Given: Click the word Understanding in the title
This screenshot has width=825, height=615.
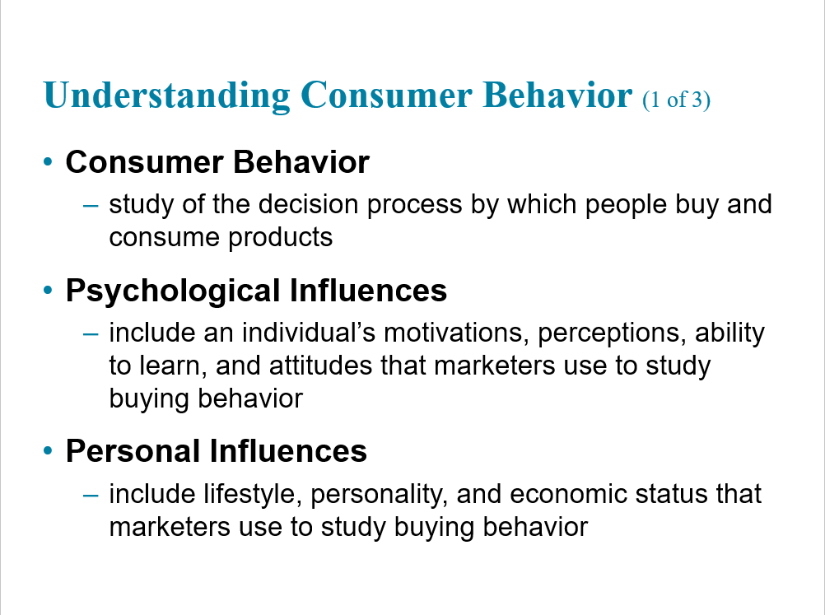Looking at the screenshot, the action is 167,96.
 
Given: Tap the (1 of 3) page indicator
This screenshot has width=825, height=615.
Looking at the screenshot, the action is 676,100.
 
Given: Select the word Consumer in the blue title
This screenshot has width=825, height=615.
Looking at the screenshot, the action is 387,95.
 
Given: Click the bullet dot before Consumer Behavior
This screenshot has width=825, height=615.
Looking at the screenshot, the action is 48,161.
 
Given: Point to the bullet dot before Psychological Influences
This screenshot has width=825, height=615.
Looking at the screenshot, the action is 48,290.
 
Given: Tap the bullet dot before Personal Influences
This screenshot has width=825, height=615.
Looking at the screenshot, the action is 48,450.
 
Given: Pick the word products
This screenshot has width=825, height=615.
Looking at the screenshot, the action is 281,238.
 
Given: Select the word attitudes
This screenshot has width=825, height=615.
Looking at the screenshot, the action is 320,366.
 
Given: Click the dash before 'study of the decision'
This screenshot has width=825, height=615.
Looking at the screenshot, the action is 91,205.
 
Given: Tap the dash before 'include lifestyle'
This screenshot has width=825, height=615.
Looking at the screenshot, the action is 91,495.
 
